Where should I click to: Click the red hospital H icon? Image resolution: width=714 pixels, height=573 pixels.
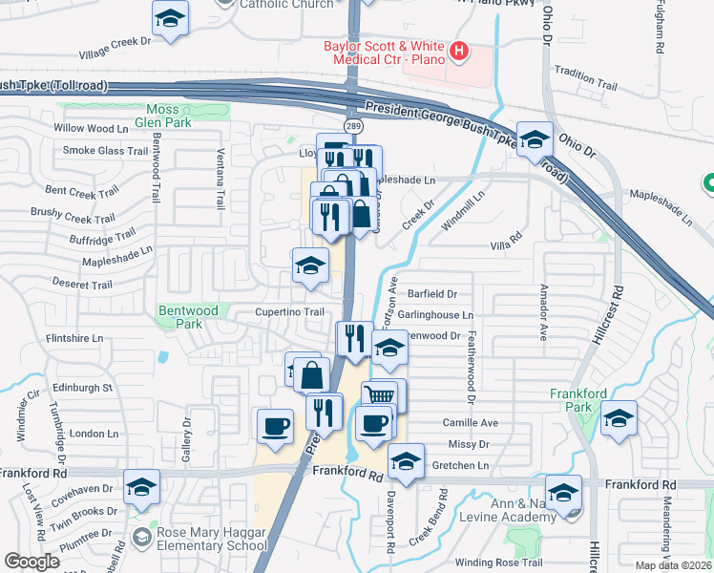point(460,51)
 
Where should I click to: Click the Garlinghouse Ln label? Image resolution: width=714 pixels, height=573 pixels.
point(442,314)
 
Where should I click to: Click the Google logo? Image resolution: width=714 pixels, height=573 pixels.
point(31,561)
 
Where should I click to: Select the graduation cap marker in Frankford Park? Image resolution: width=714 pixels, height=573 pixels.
point(619,418)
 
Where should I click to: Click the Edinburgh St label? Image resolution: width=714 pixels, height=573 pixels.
point(82,388)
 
